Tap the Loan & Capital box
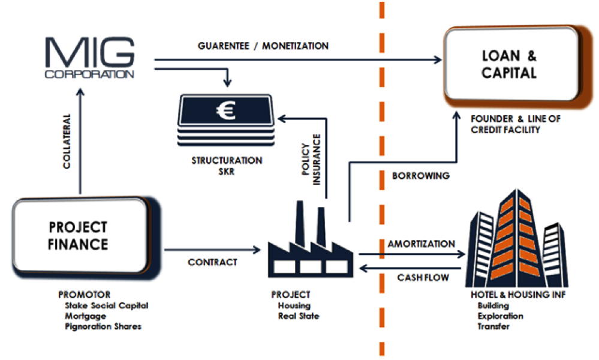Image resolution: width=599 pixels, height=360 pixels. tap(510, 65)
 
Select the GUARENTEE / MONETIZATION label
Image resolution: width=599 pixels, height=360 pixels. tap(263, 46)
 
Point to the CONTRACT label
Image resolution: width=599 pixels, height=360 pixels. tap(212, 262)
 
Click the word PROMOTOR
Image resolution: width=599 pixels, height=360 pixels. tap(85, 295)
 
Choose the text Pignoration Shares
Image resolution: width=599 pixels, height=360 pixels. tap(103, 326)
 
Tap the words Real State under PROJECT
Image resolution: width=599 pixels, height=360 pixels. tap(299, 316)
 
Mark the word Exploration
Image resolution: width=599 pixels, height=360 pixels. tap(500, 316)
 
